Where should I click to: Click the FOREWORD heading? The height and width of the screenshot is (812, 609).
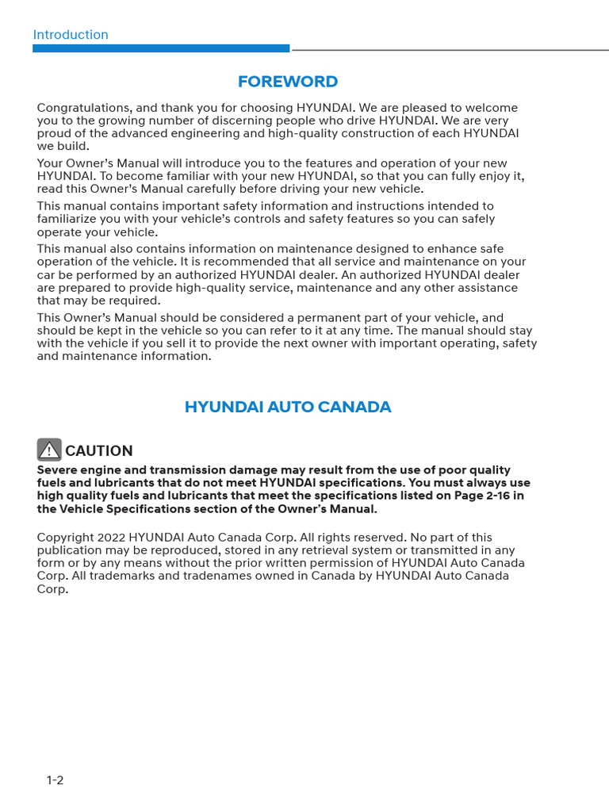coord(288,82)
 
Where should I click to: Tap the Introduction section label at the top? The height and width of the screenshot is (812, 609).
coord(71,35)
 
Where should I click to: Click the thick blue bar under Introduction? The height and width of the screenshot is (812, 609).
coord(161,48)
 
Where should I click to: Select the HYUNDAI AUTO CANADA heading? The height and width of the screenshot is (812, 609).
coord(288,407)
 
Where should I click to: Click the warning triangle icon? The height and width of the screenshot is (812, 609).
coord(49,450)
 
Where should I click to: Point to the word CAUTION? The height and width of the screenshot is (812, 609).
coord(99,451)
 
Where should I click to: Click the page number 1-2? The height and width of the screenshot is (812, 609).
coord(55,780)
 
